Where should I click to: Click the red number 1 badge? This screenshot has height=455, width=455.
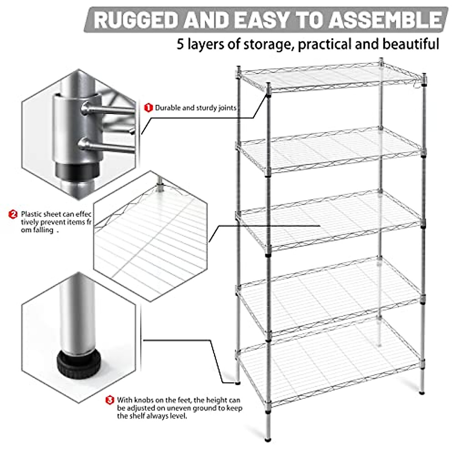click(148, 108)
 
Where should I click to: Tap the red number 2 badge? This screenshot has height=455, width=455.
click(13, 214)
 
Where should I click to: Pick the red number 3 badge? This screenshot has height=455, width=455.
click(110, 400)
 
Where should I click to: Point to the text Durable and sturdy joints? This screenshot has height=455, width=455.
click(196, 108)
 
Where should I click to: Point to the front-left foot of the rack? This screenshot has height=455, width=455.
click(268, 439)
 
